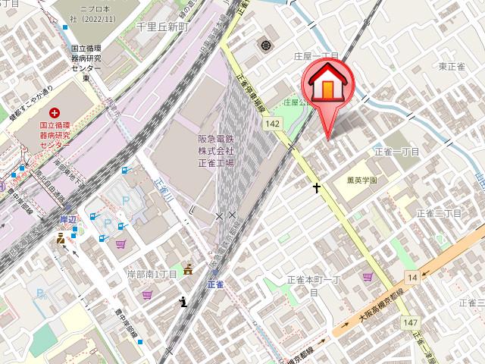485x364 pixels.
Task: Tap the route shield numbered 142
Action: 273,123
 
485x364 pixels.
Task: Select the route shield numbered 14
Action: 411,278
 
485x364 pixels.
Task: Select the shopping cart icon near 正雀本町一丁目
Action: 368,278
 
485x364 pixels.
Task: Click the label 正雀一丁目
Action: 396,152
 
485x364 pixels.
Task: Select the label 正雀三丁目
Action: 439,215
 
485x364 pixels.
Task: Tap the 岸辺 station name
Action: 69,218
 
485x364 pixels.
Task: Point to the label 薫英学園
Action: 362,180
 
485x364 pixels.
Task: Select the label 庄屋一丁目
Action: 316,57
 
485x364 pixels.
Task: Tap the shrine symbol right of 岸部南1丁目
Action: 188,271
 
